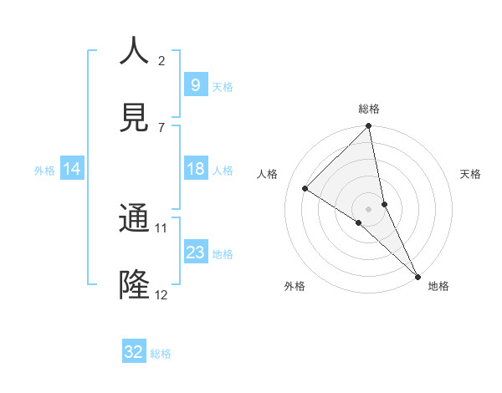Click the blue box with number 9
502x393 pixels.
click(x=195, y=84)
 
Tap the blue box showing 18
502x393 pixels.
click(x=195, y=169)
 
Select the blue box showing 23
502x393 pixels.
click(x=195, y=253)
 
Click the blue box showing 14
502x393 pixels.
click(x=72, y=169)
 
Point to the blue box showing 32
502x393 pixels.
click(x=133, y=352)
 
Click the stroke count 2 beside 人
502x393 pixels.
click(x=161, y=60)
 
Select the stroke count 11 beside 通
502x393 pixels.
click(x=161, y=227)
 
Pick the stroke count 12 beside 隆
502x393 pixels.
click(x=161, y=294)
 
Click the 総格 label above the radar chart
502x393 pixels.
click(x=369, y=109)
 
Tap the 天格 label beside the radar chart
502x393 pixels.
click(x=470, y=174)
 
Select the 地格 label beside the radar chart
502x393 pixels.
click(x=438, y=286)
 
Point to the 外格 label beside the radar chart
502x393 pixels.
click(x=295, y=286)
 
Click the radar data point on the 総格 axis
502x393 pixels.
click(x=369, y=127)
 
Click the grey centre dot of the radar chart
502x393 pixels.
click(x=369, y=208)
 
